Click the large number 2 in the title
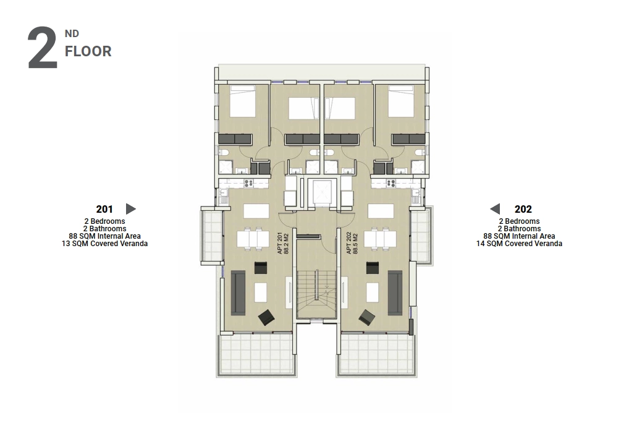pyautogui.click(x=42, y=48)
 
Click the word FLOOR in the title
pyautogui.click(x=88, y=51)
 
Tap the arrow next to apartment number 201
pyautogui.click(x=131, y=209)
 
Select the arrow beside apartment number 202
pyautogui.click(x=495, y=209)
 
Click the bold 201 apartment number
pyautogui.click(x=104, y=209)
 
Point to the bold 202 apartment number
pyautogui.click(x=523, y=209)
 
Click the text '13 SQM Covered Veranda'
pyautogui.click(x=104, y=244)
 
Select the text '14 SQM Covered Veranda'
pyautogui.click(x=519, y=244)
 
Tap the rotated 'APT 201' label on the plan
pyautogui.click(x=280, y=243)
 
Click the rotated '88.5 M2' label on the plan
pyautogui.click(x=355, y=243)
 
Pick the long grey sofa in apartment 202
pyautogui.click(x=395, y=293)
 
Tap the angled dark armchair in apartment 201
pyautogui.click(x=266, y=317)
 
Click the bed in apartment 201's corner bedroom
pyautogui.click(x=242, y=101)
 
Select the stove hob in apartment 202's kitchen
pyautogui.click(x=391, y=184)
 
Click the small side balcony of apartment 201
pyautogui.click(x=212, y=236)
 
